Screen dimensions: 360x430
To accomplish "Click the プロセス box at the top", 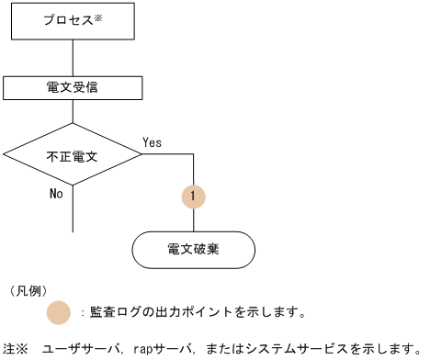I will point(73,20).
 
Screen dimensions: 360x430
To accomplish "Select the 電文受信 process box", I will point(73,88).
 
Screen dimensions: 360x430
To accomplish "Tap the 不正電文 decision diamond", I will point(73,156).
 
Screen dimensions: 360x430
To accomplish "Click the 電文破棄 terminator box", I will point(193,248).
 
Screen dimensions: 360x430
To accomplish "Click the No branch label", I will point(56,194).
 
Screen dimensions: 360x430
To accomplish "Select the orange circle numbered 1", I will point(194,197).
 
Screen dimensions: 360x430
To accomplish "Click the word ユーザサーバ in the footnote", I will point(77,349).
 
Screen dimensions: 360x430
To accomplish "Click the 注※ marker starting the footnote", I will point(17,349).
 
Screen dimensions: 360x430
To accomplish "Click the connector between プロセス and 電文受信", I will point(73,58).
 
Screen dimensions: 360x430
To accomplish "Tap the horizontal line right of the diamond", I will point(167,156).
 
